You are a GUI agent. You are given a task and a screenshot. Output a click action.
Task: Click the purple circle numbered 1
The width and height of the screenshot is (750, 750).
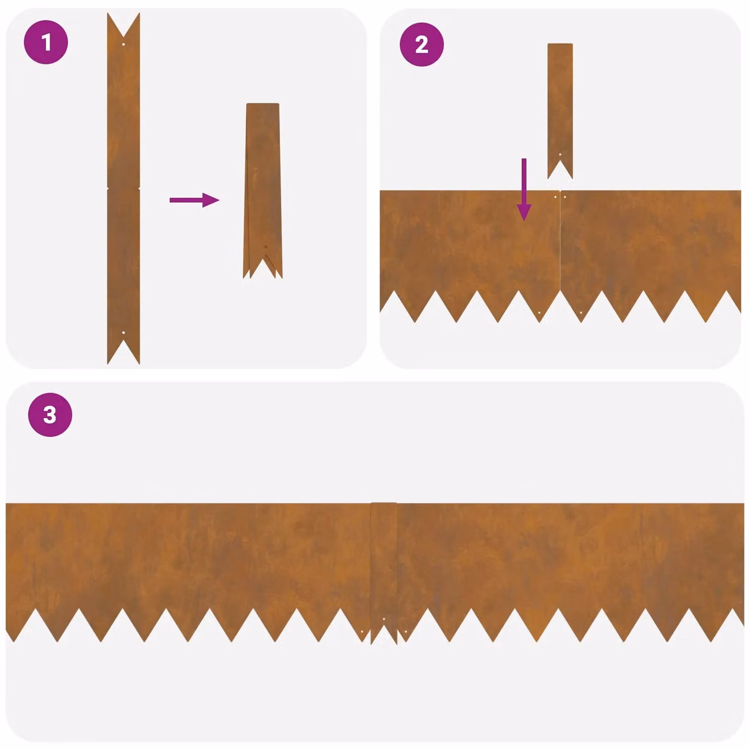point(46,42)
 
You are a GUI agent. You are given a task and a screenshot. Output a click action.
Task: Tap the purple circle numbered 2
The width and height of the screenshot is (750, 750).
point(422,45)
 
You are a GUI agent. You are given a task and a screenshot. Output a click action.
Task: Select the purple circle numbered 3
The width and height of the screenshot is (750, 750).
point(50,415)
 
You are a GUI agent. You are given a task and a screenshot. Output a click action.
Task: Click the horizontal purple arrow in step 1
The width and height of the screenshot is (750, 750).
point(194,200)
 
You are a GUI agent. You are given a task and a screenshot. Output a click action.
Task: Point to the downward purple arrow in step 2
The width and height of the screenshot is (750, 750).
point(524,190)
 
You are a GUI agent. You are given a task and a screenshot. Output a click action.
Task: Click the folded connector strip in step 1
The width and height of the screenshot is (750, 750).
point(262,191)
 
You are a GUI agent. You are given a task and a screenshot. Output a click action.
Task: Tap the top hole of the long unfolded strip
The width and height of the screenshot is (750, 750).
point(124,44)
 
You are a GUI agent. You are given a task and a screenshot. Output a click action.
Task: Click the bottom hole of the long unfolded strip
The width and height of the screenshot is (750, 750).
point(124,332)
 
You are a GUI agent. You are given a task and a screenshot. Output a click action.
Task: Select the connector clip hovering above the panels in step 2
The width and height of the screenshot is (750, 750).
point(560,111)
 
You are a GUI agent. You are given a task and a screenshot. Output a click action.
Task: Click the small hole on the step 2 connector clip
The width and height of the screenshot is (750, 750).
point(560,154)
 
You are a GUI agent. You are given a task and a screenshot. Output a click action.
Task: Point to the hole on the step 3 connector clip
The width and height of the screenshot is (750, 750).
point(384,619)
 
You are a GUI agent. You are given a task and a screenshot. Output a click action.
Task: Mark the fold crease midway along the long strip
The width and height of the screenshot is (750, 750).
point(124,189)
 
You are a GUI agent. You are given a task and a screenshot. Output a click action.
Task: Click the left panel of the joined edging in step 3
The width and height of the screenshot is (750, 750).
point(188,568)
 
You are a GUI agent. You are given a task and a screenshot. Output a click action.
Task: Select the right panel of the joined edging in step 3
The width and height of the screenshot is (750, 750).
point(571,568)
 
